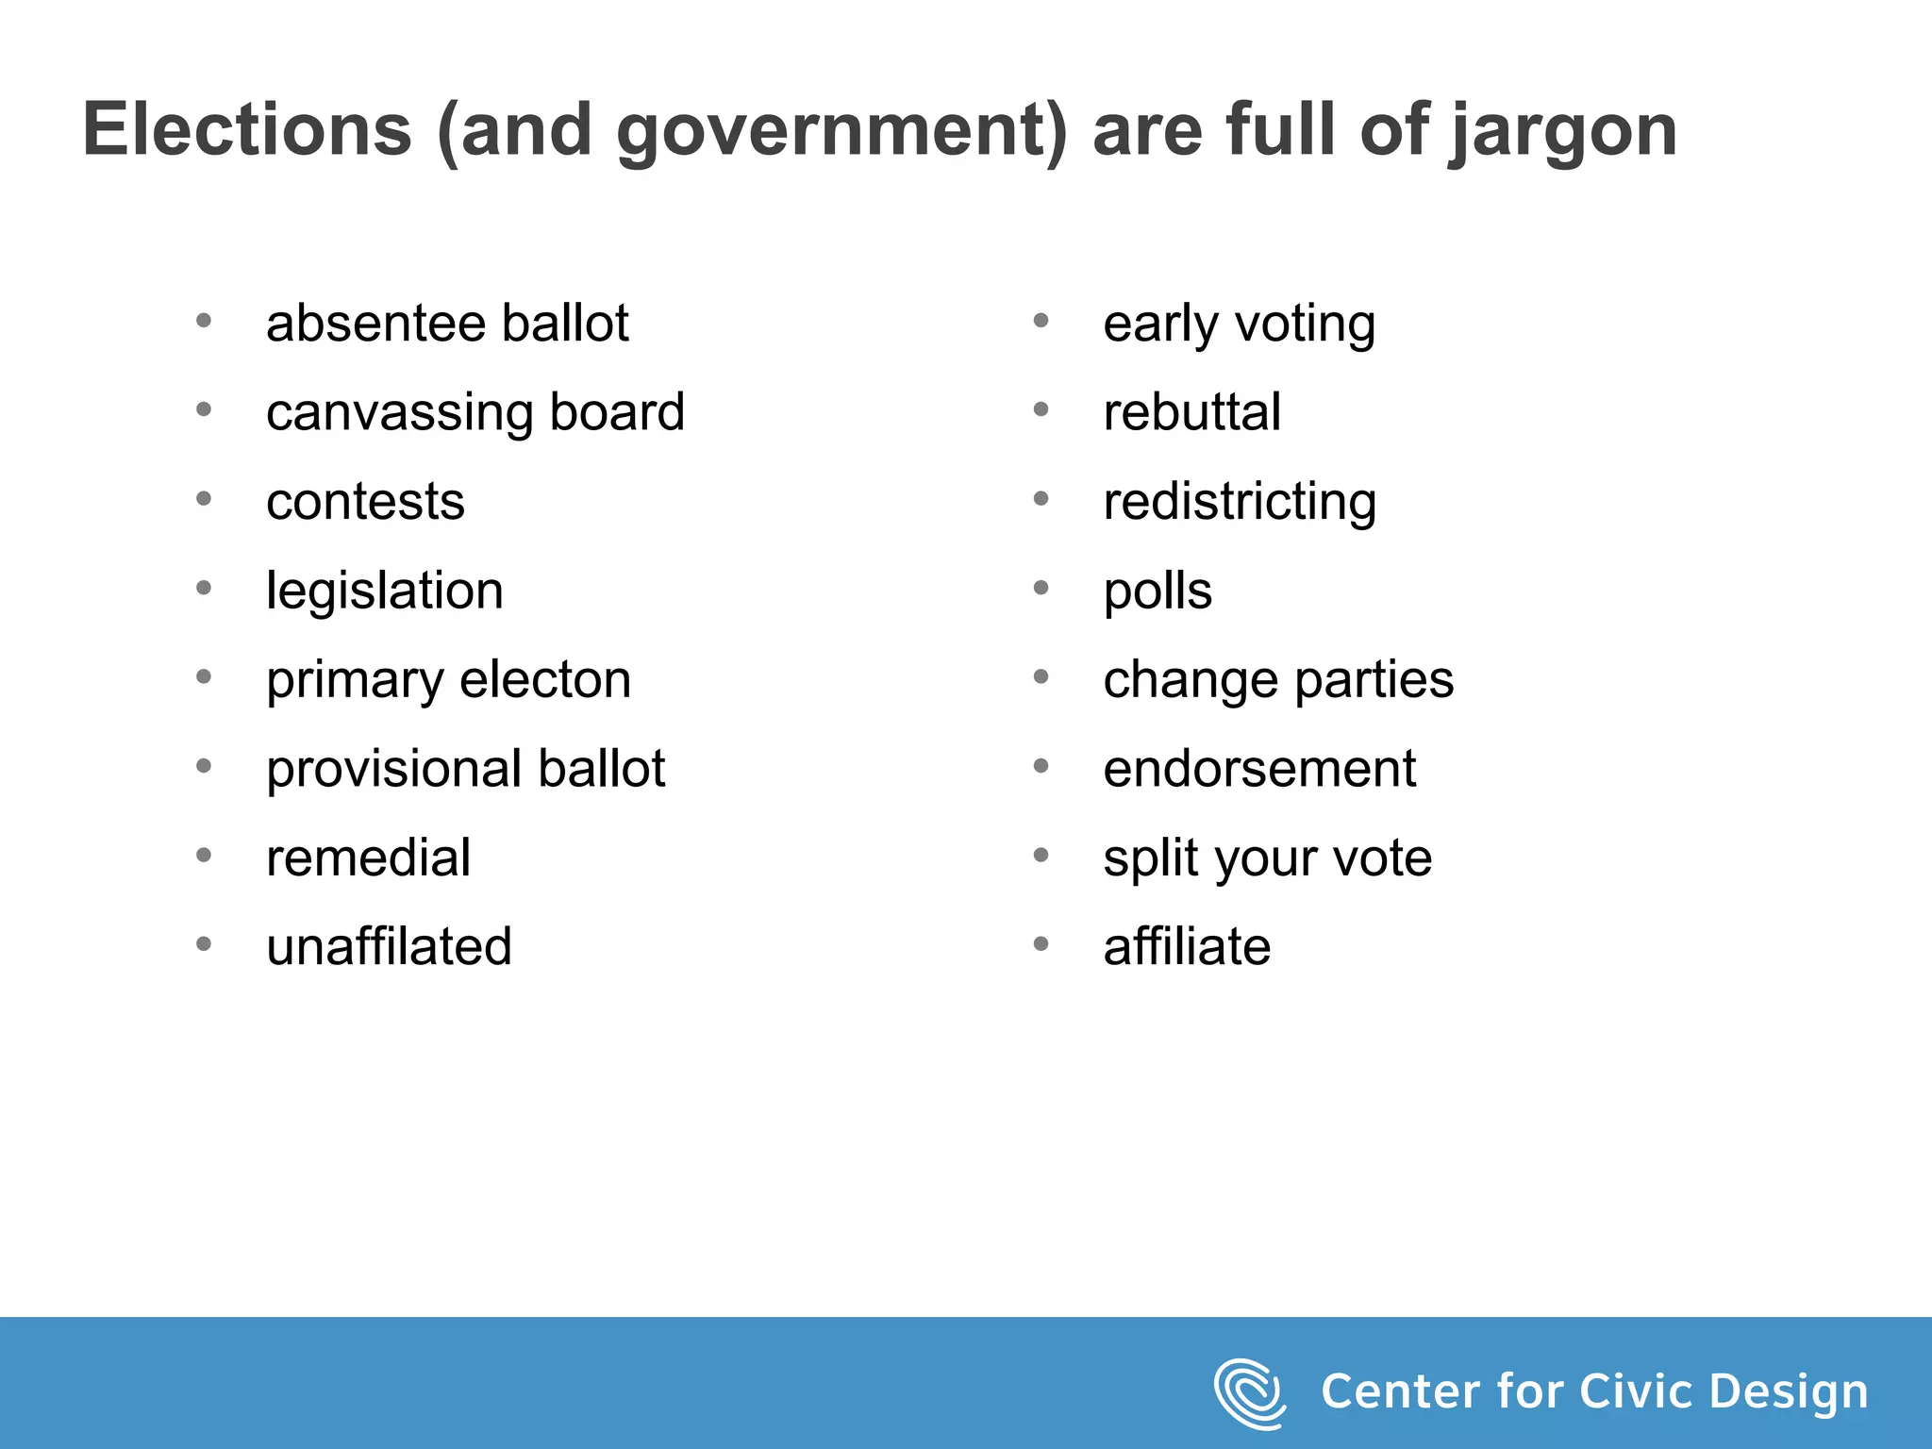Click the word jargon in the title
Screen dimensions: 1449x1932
click(1563, 132)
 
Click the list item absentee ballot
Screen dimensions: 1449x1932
click(446, 324)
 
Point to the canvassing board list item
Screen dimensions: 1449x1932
click(475, 413)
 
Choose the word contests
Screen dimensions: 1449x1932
click(365, 502)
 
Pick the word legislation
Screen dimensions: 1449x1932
click(384, 591)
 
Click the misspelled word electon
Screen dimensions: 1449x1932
click(545, 679)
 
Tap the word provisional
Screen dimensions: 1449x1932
click(392, 769)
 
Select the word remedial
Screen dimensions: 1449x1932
click(368, 858)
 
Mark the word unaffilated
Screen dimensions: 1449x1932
click(389, 946)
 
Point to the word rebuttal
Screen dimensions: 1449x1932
click(1191, 412)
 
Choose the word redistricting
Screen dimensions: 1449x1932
click(1240, 502)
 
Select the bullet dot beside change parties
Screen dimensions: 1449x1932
click(1041, 676)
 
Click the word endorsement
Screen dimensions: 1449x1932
click(1259, 769)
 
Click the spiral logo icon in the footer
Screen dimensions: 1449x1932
click(1249, 1392)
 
